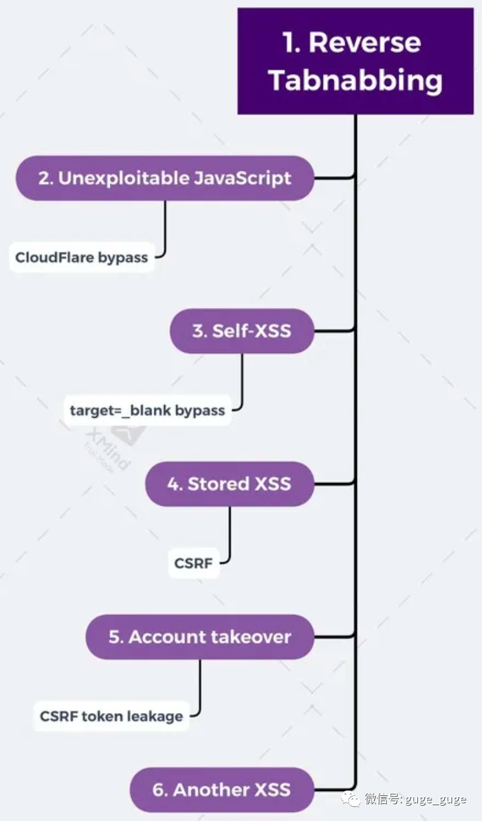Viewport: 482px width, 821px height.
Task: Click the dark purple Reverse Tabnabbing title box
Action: click(x=355, y=61)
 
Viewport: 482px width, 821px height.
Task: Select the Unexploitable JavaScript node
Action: click(x=165, y=178)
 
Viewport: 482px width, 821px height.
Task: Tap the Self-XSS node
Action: click(x=242, y=331)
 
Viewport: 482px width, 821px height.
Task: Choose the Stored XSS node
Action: click(x=229, y=484)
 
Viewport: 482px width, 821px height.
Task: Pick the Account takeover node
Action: click(x=200, y=637)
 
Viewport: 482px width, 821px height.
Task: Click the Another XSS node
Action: click(x=222, y=790)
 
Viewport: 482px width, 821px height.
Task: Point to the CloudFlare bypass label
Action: click(x=81, y=257)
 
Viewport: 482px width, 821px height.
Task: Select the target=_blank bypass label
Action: click(x=147, y=411)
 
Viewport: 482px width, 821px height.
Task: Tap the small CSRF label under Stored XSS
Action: click(x=193, y=563)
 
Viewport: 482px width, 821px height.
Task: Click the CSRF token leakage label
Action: click(x=111, y=715)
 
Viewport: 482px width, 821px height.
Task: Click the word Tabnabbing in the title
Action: click(x=356, y=81)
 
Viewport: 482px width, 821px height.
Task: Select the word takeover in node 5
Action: click(x=251, y=637)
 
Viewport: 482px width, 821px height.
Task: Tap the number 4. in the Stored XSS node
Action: click(x=175, y=484)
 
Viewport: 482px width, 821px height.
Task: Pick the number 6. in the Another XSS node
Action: click(x=160, y=790)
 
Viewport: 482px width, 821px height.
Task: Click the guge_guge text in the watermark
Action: click(x=437, y=799)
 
